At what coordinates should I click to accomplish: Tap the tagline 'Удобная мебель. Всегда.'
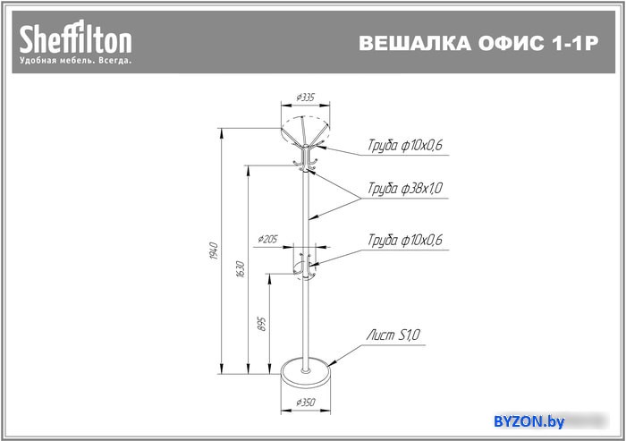75,61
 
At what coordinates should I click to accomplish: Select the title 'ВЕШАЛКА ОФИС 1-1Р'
478,43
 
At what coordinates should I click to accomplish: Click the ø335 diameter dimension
306,98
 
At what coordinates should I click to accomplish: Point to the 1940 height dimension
214,250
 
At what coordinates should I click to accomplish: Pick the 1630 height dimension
240,269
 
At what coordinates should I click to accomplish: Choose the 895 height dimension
261,324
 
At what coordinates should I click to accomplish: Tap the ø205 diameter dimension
267,239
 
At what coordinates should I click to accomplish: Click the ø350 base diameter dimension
306,403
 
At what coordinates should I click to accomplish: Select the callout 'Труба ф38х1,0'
405,188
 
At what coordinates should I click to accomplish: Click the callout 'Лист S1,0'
393,335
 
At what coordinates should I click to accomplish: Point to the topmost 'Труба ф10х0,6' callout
405,145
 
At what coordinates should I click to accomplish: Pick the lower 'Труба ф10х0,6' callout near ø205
405,240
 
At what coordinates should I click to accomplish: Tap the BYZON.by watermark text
529,421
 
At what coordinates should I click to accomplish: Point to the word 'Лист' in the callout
380,335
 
